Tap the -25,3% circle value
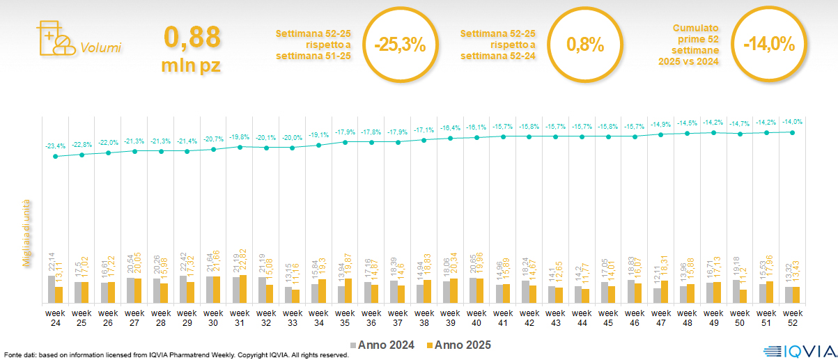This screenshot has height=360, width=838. click(x=399, y=45)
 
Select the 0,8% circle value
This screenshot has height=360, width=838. click(x=584, y=45)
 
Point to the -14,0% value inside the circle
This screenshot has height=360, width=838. click(x=768, y=45)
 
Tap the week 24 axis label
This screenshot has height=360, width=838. click(x=56, y=318)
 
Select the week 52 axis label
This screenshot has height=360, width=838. click(x=792, y=318)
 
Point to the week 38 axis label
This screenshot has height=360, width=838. click(x=424, y=318)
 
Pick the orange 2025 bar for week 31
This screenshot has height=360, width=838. click(x=243, y=290)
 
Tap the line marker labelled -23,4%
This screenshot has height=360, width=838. click(x=56, y=156)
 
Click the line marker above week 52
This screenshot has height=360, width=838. click(x=792, y=132)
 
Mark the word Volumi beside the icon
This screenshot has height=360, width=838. click(x=101, y=48)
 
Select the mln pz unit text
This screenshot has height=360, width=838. click(x=192, y=65)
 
